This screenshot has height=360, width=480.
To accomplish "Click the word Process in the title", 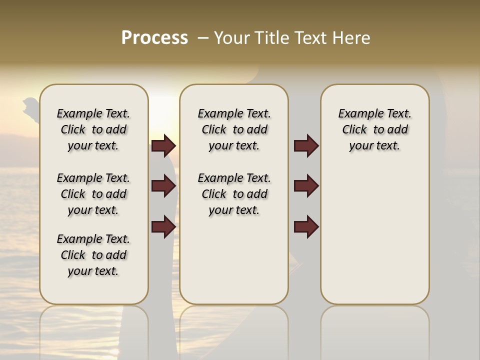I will click(x=154, y=38).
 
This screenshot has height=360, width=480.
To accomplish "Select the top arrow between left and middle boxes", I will click(x=163, y=146).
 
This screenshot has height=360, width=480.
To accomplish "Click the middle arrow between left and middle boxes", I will click(x=163, y=186).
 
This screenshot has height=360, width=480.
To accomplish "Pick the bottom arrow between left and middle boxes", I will click(x=163, y=226).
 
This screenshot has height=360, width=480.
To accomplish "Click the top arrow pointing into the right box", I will click(x=306, y=146).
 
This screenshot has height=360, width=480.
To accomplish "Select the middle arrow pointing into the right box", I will click(x=306, y=186).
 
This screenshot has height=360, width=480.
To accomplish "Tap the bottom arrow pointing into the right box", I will click(x=306, y=226).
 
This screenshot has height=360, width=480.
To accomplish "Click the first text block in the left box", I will click(x=93, y=129).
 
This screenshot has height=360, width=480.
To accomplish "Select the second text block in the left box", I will click(x=93, y=194).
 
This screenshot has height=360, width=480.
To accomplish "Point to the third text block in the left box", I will click(x=93, y=255).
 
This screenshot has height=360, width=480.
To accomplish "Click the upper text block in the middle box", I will click(x=234, y=129).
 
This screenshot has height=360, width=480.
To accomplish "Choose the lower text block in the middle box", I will click(x=234, y=194).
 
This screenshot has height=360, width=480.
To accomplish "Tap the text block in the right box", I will click(x=374, y=129).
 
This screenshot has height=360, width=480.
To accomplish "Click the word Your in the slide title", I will click(x=231, y=38).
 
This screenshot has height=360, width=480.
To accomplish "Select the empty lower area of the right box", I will click(x=374, y=235).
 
